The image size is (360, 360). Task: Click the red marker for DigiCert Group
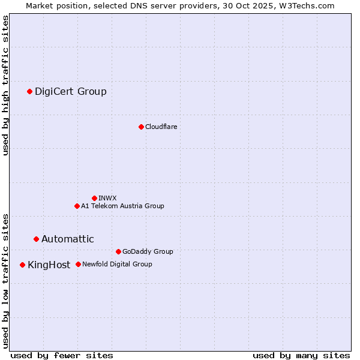click(x=29, y=91)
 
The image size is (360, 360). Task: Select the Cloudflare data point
click(x=141, y=127)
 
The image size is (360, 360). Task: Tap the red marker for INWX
click(x=94, y=198)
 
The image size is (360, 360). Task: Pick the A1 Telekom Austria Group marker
click(x=77, y=206)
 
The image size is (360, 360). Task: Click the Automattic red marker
click(x=36, y=239)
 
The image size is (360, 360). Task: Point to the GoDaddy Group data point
click(x=118, y=251)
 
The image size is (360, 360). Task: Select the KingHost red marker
click(x=22, y=265)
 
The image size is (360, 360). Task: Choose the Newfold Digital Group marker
click(x=78, y=264)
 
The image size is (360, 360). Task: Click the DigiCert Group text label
click(x=71, y=91)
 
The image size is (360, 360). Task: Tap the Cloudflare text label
click(x=161, y=127)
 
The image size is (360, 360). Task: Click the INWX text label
click(x=108, y=198)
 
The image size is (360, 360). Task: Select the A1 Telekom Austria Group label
click(x=122, y=206)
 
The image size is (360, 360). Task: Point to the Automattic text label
click(x=68, y=239)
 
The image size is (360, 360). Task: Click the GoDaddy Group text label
click(x=148, y=251)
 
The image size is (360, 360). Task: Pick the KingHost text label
click(x=49, y=265)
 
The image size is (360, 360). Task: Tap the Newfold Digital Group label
click(x=117, y=264)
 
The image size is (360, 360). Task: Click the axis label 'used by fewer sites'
click(x=62, y=355)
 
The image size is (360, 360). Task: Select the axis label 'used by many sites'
click(x=301, y=355)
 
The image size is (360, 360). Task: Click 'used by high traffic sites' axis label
click(x=6, y=85)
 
